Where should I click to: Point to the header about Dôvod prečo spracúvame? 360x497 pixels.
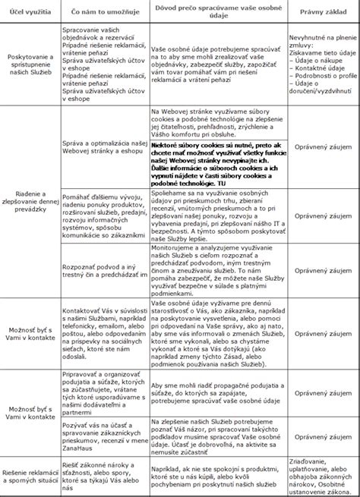pos(216,13)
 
